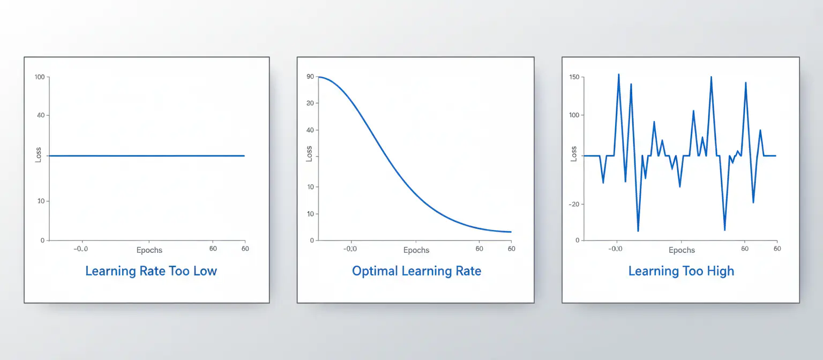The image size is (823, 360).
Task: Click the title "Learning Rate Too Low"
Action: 151,271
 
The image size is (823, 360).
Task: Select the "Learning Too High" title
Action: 681,271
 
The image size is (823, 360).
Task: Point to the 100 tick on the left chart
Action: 39,77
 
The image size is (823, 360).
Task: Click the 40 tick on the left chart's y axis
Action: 41,115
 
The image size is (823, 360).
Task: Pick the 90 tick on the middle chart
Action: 310,77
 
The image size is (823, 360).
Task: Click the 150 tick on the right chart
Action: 573,77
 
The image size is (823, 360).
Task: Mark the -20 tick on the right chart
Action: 573,204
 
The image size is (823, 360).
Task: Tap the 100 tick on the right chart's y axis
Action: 573,115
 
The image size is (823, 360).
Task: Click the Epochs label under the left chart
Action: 149,250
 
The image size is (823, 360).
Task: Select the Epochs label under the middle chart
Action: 416,250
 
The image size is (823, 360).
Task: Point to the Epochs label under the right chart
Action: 682,250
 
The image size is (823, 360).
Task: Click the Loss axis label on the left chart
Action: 39,155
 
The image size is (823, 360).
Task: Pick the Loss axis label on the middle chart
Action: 309,154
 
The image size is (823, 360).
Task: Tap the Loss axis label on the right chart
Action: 574,154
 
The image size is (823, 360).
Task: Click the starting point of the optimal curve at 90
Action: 318,77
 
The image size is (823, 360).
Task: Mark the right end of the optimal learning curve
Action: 511,232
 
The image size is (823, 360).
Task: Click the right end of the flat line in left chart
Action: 244,156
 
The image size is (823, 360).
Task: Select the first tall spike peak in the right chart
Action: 618,74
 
